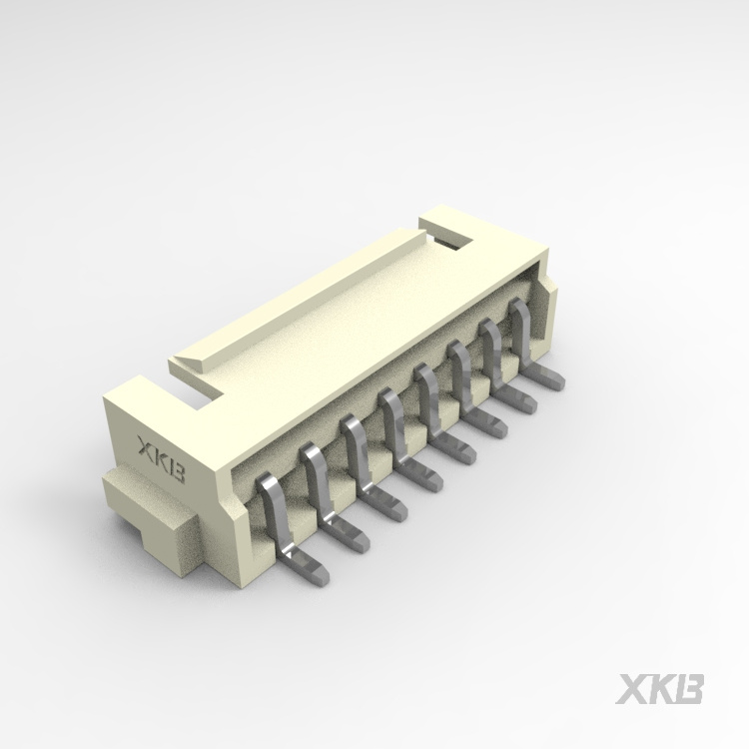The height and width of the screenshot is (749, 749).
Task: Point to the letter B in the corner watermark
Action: click(692, 689)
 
